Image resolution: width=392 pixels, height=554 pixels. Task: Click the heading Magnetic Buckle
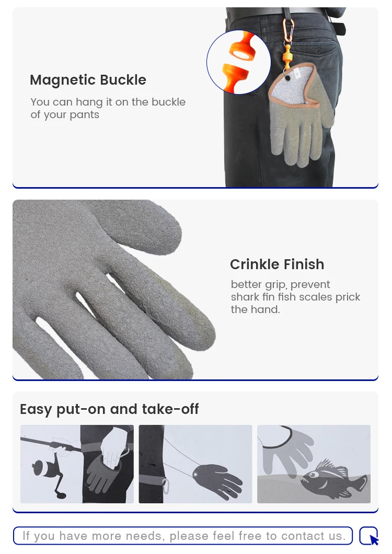pos(88,80)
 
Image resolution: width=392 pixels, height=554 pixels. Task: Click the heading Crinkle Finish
pos(277,264)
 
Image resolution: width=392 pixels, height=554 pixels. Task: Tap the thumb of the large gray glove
pos(142,226)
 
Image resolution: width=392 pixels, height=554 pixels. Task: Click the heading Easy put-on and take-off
pos(109,409)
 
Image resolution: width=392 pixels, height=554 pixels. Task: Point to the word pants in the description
pos(85,115)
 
